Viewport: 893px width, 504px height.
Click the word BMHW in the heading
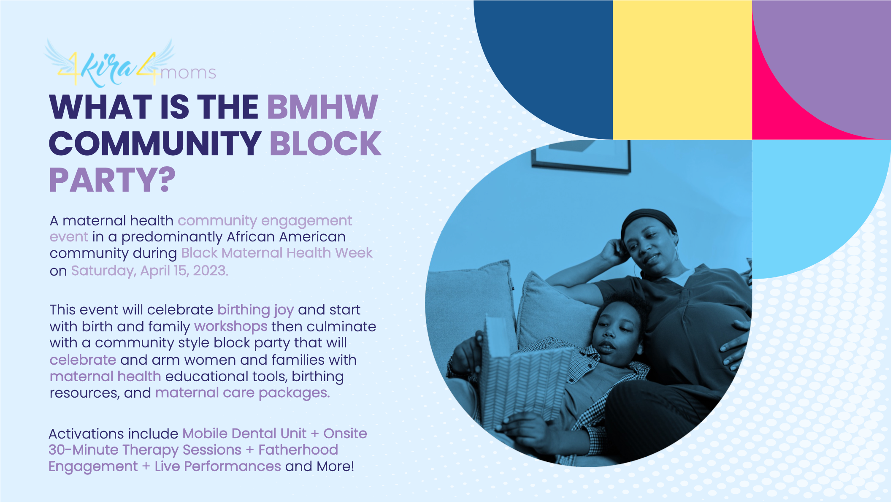(323, 107)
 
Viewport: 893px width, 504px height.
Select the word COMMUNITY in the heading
(155, 144)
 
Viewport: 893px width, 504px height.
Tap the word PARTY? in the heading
(112, 180)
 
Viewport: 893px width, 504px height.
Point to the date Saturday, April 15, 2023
(149, 270)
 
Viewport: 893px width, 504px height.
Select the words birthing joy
(256, 310)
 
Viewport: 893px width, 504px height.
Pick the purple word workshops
(231, 326)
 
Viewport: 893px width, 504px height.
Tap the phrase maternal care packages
(243, 393)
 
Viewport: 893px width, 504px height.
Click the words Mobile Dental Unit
(244, 434)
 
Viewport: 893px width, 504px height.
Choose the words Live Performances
(218, 466)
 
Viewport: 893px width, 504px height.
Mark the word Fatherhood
(298, 450)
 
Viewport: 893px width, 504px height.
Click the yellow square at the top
(682, 70)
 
